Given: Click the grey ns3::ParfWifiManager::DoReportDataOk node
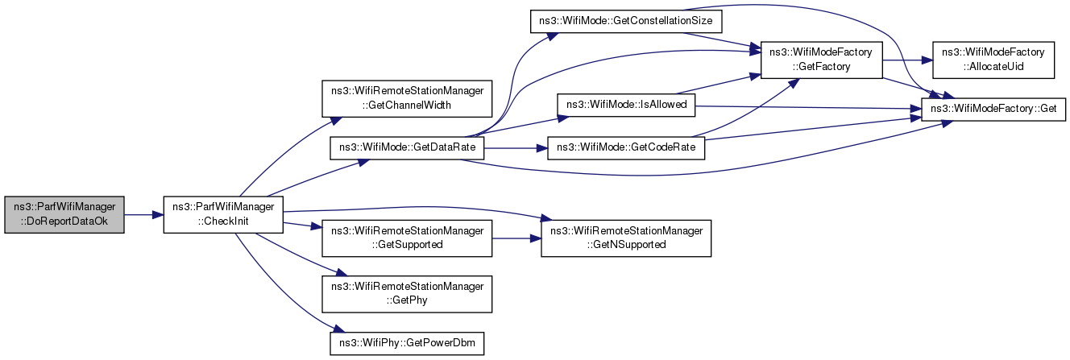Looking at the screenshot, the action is [64, 214].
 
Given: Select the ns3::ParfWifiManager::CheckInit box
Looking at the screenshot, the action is [223, 214].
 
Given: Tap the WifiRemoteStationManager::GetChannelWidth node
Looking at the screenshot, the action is [407, 98].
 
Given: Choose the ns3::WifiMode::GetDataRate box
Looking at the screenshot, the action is [407, 148].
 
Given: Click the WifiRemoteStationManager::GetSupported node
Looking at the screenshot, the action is [407, 238].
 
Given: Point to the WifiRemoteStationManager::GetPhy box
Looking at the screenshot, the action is [407, 294].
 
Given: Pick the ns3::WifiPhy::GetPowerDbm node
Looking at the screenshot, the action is [407, 343].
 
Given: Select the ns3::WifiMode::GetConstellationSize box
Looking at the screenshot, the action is [626, 21].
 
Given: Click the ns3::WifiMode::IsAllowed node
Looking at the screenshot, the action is [626, 105].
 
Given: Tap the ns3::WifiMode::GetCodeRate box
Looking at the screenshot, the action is [626, 148].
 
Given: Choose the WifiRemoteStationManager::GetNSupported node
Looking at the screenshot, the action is [626, 238].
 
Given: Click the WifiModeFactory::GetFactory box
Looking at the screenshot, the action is [821, 60].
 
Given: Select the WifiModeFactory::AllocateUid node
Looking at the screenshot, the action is [993, 60].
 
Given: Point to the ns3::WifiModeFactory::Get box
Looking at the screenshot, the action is [993, 110].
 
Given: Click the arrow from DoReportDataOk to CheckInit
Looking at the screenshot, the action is [143, 215].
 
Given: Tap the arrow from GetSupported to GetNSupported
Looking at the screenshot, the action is [516, 238].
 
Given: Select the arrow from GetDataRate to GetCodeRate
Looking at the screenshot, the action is [516, 148].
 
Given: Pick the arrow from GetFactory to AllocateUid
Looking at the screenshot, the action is [907, 60].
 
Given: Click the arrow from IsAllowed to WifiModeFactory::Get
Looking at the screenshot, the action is [808, 107].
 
